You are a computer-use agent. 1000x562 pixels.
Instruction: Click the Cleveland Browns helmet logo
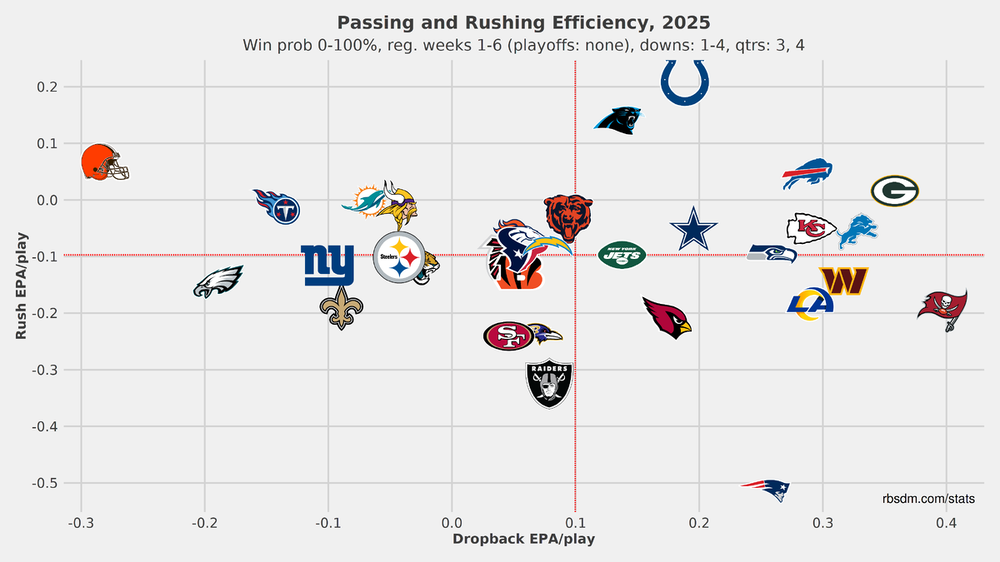click(x=105, y=162)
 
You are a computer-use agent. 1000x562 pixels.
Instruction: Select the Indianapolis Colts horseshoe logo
click(x=685, y=81)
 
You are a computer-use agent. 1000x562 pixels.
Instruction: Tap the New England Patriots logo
click(x=766, y=490)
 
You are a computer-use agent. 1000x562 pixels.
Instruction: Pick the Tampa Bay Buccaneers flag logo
click(x=942, y=308)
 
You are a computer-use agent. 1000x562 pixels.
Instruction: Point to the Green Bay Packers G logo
click(x=894, y=190)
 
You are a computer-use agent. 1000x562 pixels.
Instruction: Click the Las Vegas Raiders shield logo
click(x=549, y=384)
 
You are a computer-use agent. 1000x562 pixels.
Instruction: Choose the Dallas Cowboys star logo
click(x=693, y=229)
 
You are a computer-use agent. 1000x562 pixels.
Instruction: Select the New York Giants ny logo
click(x=328, y=265)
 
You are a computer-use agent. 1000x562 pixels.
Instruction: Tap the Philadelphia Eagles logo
click(x=218, y=281)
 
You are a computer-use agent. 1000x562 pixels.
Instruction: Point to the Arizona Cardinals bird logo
click(x=667, y=317)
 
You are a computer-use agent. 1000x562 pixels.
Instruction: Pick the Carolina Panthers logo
click(x=618, y=121)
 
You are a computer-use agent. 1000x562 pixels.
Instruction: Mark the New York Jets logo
click(x=622, y=255)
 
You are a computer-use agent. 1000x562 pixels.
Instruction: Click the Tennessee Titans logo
click(x=277, y=207)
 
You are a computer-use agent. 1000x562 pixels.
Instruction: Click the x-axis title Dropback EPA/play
click(x=524, y=539)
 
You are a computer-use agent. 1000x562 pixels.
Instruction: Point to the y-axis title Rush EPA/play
click(x=21, y=286)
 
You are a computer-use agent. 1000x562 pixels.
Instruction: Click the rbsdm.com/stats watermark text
click(x=929, y=498)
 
